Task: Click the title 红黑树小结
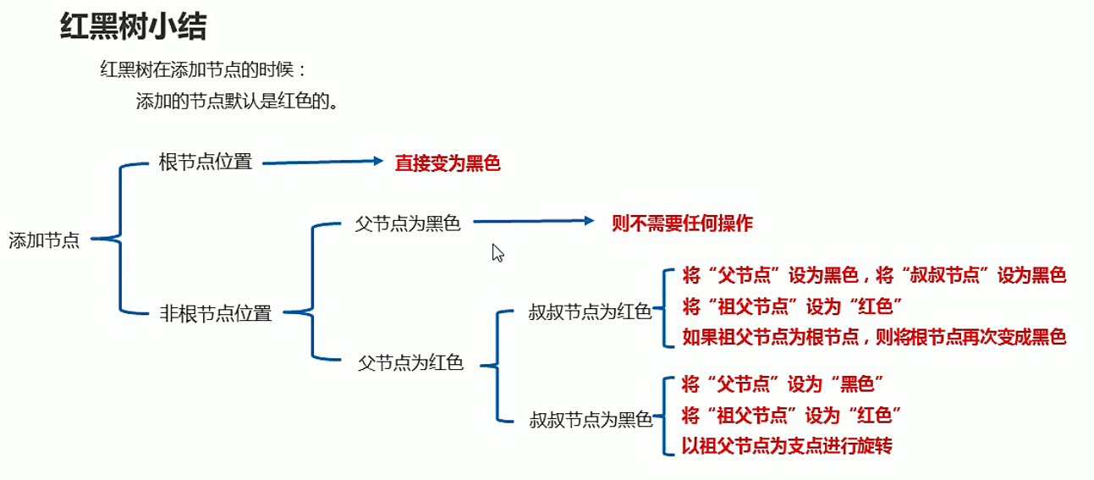pos(133,27)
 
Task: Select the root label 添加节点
pos(44,240)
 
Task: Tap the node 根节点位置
pos(206,163)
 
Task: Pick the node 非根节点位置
pos(216,313)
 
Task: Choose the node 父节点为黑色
pos(408,224)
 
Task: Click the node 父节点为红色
pos(411,363)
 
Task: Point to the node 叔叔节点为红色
pos(590,312)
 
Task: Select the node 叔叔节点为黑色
pos(591,418)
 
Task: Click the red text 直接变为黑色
pos(448,163)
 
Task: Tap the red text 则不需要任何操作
pos(682,223)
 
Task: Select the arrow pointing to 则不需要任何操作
pos(534,221)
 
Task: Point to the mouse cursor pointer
pos(498,252)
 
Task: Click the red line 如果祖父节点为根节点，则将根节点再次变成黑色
pos(873,337)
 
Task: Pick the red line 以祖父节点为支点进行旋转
pos(787,445)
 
